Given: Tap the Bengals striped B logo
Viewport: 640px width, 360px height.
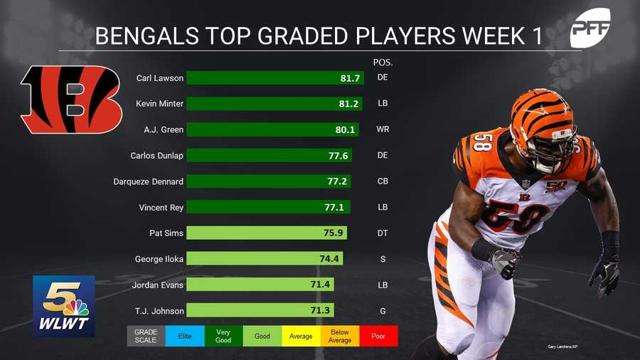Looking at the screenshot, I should point(71,100).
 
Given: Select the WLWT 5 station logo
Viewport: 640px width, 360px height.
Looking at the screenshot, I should point(63,306).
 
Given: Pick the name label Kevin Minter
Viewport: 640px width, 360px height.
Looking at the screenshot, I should point(159,104).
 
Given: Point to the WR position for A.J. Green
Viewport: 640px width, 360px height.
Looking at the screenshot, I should point(383,129).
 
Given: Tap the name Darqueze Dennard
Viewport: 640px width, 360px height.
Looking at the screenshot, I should point(149,181).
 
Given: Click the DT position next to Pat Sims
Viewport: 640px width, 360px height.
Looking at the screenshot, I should point(383,233).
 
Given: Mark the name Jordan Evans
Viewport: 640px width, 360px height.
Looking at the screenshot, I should point(158,285).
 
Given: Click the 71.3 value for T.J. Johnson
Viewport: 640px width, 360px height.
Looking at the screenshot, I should point(321,311).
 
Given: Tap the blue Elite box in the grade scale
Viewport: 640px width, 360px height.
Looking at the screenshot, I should point(184,336).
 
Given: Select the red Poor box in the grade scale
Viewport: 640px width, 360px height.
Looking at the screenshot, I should point(378,336).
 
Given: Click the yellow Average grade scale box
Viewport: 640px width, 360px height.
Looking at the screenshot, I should point(301,336).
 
